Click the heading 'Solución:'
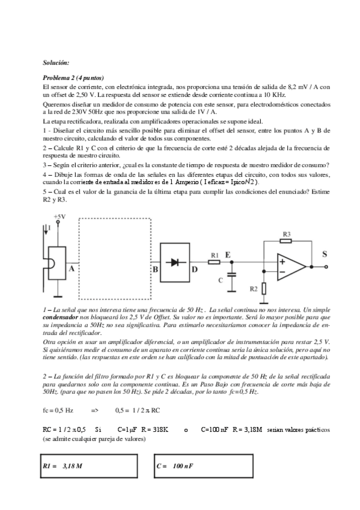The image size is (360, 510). (x=56, y=63)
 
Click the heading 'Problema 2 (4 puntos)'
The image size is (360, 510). (x=73, y=78)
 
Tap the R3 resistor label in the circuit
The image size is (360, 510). (x=287, y=233)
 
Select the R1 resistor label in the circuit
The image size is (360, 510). (x=214, y=244)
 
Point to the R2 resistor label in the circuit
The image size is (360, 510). (x=254, y=289)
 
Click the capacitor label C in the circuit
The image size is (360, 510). (x=221, y=280)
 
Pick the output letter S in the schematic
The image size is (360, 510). (x=325, y=254)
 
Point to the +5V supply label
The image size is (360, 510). (x=59, y=216)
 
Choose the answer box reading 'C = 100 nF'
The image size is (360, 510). (x=201, y=466)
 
